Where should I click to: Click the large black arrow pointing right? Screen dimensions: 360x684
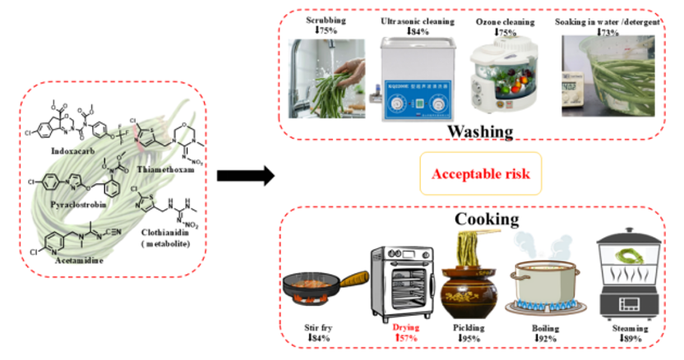click(244, 174)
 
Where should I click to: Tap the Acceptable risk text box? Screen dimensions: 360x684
click(481, 173)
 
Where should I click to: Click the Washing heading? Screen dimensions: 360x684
click(481, 131)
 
